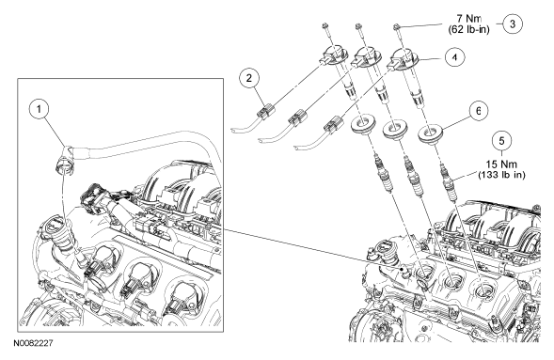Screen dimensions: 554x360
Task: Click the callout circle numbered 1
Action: [x=39, y=109]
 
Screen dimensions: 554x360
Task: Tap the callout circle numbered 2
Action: [x=249, y=78]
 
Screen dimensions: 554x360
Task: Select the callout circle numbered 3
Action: [x=513, y=23]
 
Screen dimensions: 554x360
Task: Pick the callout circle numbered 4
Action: [x=454, y=57]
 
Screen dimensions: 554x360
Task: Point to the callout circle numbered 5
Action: [x=502, y=140]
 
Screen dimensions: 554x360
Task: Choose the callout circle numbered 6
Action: [x=478, y=111]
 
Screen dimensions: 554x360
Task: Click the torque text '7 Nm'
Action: [x=468, y=19]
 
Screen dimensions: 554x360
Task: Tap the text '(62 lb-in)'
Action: [x=468, y=29]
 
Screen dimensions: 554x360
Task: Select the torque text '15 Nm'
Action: [x=501, y=164]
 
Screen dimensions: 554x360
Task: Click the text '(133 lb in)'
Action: [x=501, y=175]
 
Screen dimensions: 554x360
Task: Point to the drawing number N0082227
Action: [x=33, y=343]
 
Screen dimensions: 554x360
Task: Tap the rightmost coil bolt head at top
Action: [x=396, y=26]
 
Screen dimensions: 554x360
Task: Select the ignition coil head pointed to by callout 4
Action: [x=404, y=59]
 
